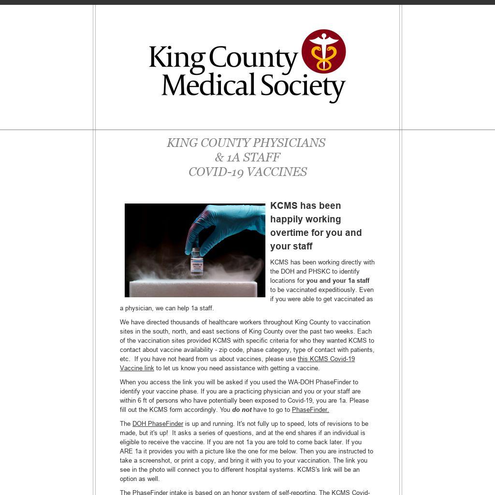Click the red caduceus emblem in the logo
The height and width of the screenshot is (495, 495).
pos(323,51)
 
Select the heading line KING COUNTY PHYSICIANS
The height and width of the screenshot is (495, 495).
pos(246,143)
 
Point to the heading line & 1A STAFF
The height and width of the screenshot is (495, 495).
pos(247,158)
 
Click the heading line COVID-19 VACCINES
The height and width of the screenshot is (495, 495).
pos(247,172)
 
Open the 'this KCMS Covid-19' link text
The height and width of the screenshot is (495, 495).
pos(326,359)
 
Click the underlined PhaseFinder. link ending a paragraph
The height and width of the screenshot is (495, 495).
pos(310,410)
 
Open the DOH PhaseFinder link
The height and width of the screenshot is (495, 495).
pos(158,424)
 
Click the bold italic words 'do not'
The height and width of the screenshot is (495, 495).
pos(242,410)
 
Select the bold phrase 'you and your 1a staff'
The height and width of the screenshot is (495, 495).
pos(338,281)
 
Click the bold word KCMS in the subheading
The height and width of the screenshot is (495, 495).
pos(284,206)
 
